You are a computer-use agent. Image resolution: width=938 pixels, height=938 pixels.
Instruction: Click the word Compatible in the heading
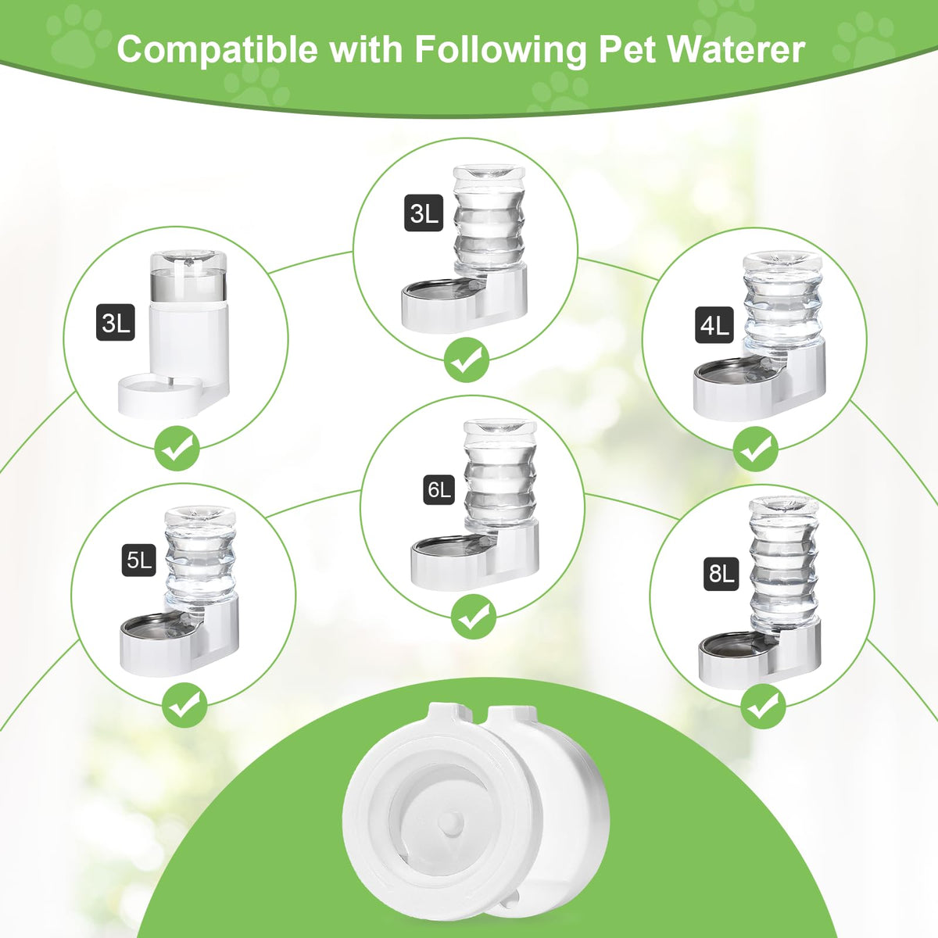[x=217, y=49]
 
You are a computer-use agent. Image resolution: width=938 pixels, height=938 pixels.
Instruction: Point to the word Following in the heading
[x=500, y=51]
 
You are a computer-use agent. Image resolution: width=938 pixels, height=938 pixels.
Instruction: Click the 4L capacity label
[x=714, y=324]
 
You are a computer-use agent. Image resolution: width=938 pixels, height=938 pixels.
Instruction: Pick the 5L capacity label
[x=138, y=560]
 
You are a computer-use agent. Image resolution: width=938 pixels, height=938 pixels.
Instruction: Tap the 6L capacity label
[x=439, y=489]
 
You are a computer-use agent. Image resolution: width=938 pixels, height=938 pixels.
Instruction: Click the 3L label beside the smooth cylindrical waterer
[x=116, y=322]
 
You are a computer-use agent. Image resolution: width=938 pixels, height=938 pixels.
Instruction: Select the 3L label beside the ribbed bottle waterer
[x=424, y=213]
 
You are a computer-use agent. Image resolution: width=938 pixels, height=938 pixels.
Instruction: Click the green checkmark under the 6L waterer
[x=474, y=617]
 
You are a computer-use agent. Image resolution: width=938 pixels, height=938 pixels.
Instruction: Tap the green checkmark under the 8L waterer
[x=763, y=706]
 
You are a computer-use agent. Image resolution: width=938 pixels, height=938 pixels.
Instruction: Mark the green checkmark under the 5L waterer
[x=184, y=705]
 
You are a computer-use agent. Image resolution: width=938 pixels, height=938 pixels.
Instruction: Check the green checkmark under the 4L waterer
[x=755, y=449]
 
